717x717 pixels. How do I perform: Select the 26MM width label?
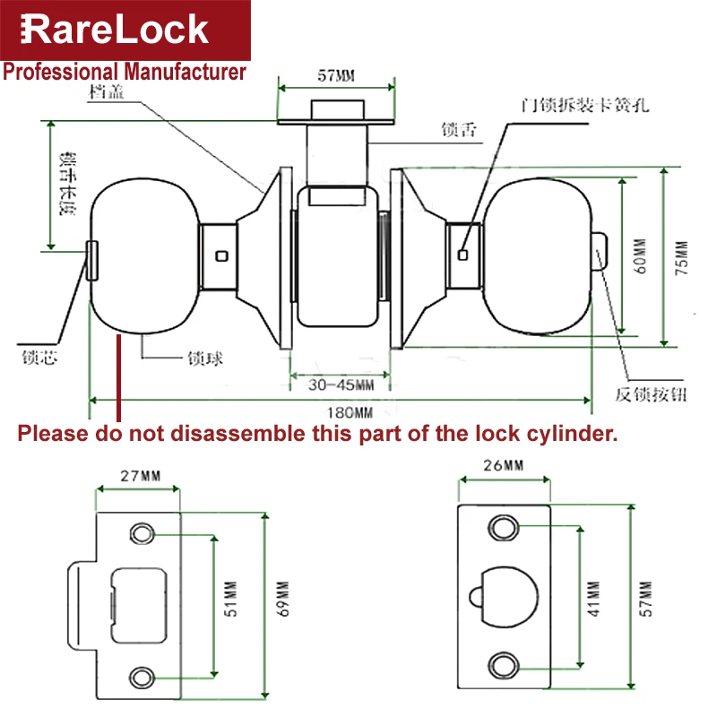click(x=503, y=466)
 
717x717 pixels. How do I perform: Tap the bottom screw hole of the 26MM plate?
click(x=508, y=664)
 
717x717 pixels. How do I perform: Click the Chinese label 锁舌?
click(x=458, y=130)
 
